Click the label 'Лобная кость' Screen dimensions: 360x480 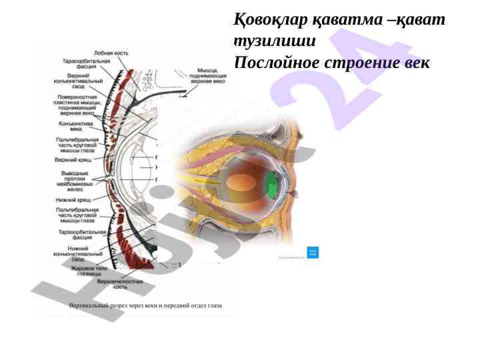(x=111, y=53)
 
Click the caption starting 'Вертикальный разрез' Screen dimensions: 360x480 (x=146, y=306)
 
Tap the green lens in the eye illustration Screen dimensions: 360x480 (x=271, y=185)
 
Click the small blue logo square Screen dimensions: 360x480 (x=313, y=253)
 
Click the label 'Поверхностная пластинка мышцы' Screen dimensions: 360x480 (x=79, y=104)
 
